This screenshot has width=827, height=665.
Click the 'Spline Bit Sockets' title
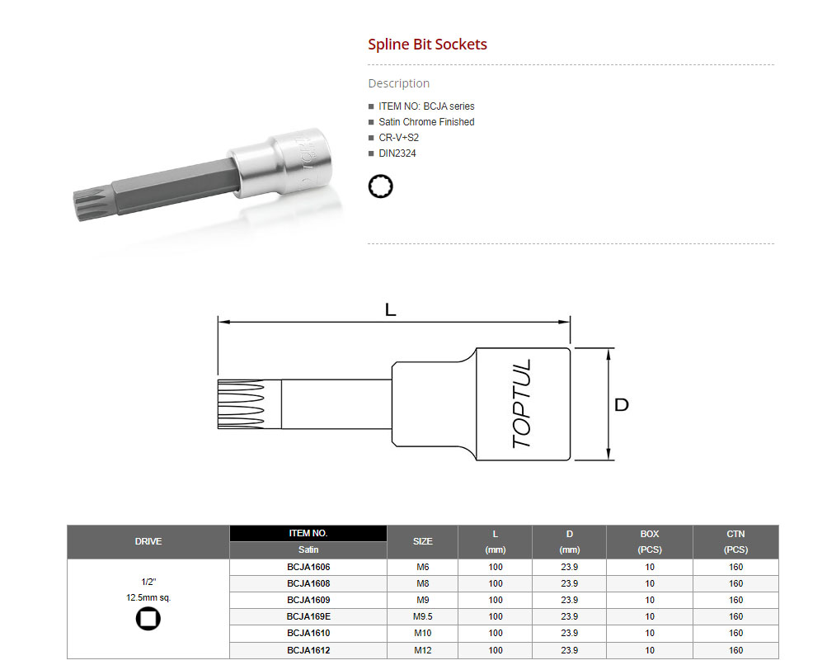[x=427, y=45]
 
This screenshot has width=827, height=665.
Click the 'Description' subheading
[x=399, y=83]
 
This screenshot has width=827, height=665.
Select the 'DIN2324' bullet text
[x=397, y=153]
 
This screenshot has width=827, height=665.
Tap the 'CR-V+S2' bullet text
[x=399, y=138]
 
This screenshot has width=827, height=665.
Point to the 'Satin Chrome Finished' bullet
[x=426, y=122]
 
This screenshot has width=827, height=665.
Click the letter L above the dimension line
[x=390, y=309]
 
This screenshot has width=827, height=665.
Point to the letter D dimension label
[x=622, y=405]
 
